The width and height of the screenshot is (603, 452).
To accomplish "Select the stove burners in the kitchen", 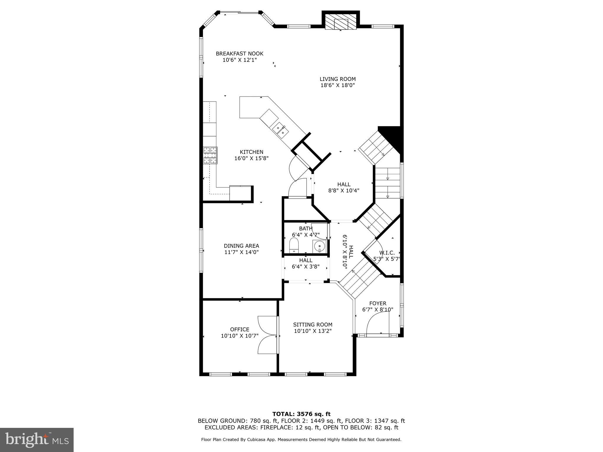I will [x=210, y=155].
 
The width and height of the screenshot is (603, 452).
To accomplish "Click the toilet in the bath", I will [x=294, y=245].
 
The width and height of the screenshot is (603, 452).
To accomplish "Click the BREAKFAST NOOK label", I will [x=239, y=54].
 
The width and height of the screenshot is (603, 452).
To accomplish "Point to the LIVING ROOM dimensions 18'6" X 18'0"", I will [x=338, y=85].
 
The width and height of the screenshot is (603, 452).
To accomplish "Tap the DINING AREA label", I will [x=241, y=246].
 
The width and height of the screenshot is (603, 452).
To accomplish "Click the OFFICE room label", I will [x=240, y=329].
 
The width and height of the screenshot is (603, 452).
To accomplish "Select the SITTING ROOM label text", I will [x=313, y=325].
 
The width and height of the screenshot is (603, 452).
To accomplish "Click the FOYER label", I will [x=378, y=303].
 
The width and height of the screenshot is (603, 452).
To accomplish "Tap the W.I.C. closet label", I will [x=387, y=253].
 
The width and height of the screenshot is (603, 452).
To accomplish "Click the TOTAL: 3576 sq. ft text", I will [x=301, y=414].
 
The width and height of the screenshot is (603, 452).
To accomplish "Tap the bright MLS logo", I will [x=37, y=440].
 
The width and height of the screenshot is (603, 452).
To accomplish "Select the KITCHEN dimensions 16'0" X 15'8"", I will [x=251, y=158].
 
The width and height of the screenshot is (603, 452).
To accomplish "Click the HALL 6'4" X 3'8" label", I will [x=306, y=264].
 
